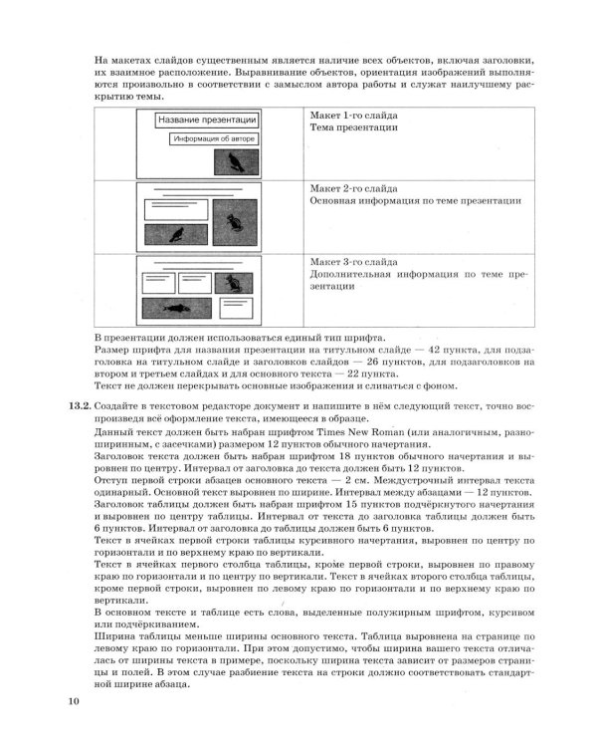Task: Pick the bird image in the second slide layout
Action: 178,235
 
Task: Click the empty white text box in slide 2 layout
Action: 173,211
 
